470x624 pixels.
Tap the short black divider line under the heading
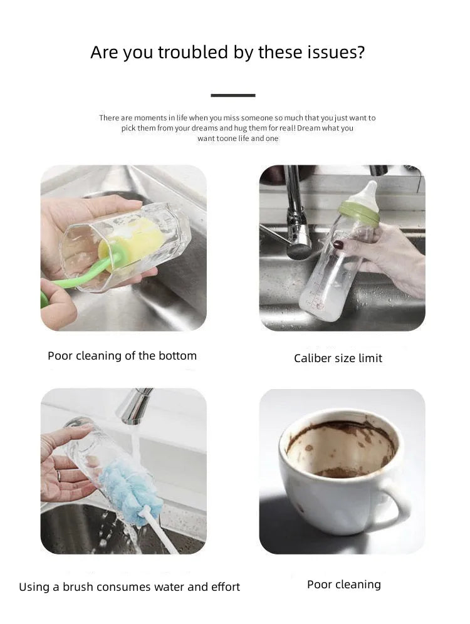pyautogui.click(x=233, y=95)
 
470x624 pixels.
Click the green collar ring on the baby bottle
pyautogui.click(x=359, y=212)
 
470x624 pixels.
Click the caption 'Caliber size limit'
pyautogui.click(x=338, y=358)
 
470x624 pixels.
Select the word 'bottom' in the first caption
pyautogui.click(x=177, y=356)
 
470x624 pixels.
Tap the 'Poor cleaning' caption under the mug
pyautogui.click(x=343, y=585)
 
